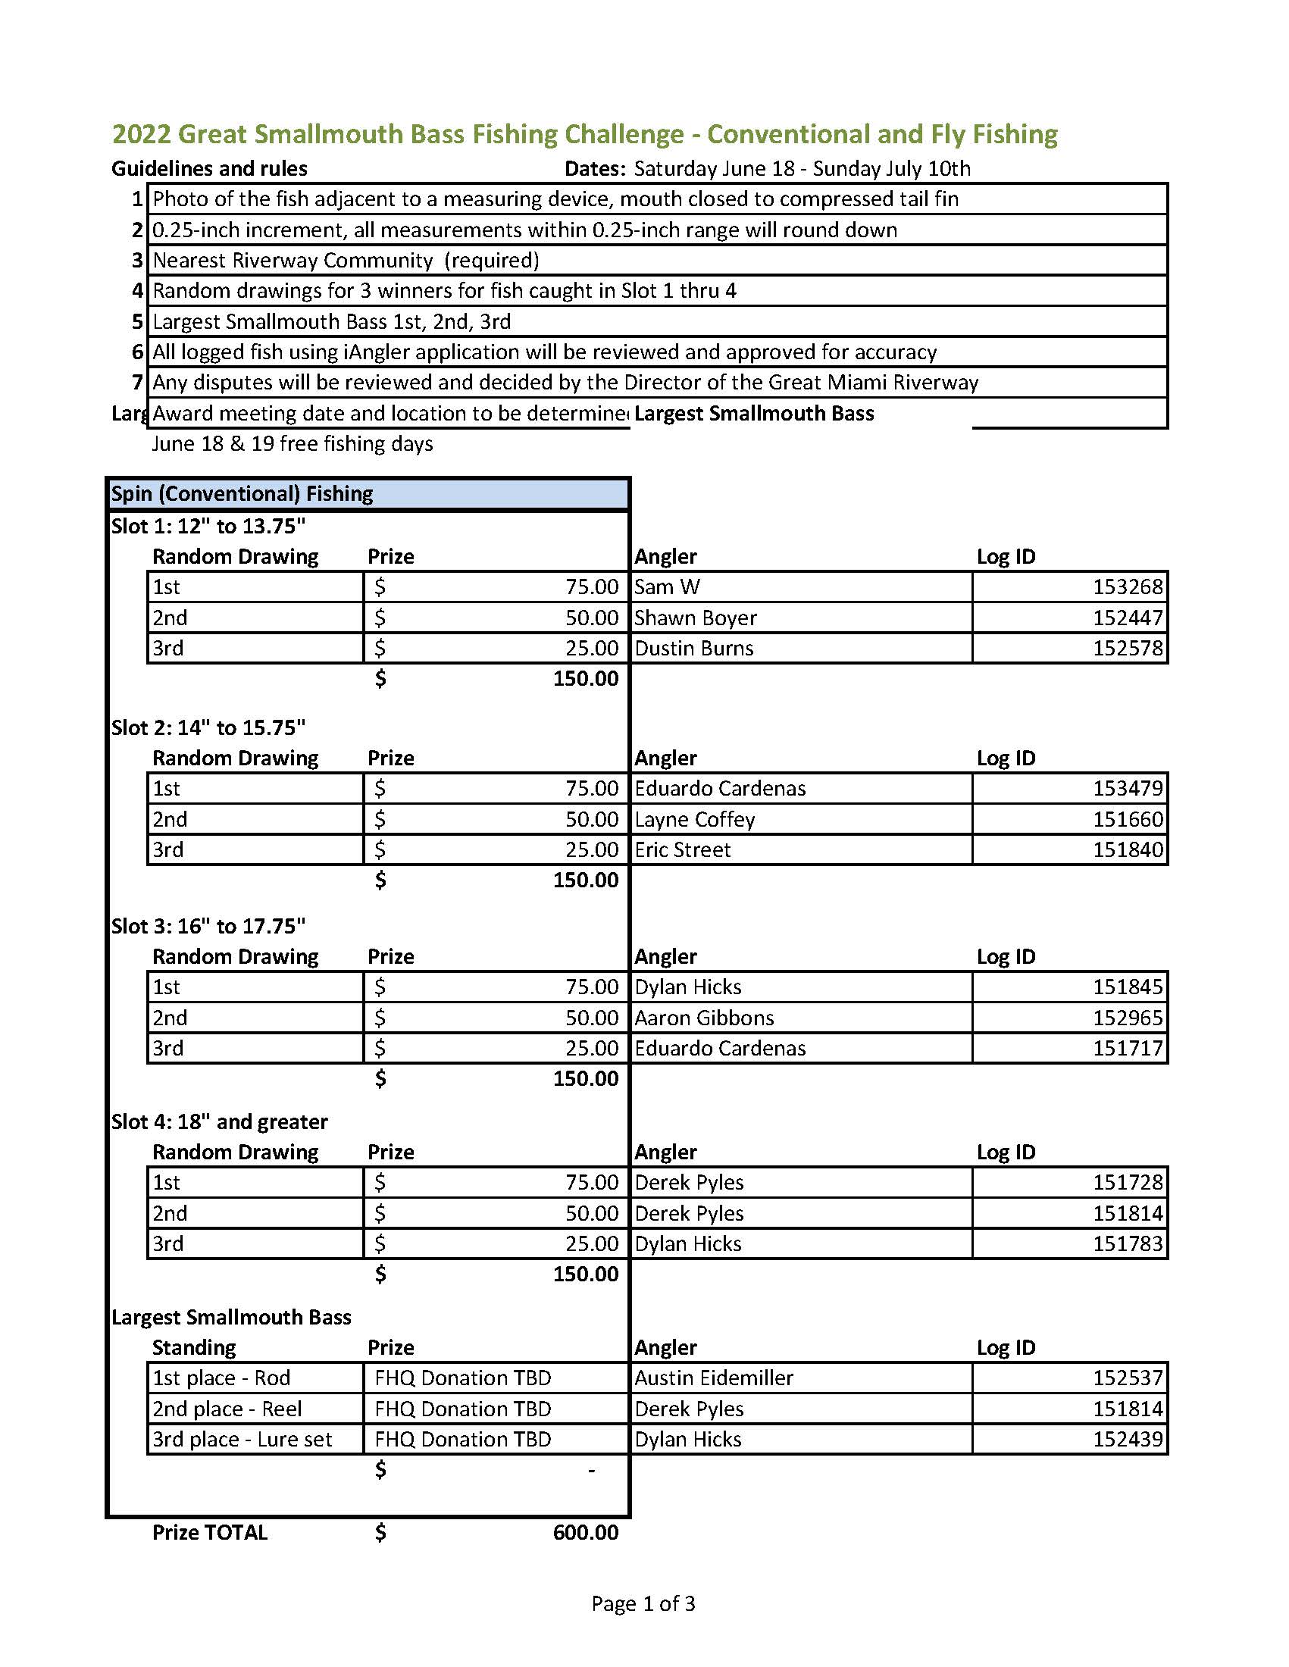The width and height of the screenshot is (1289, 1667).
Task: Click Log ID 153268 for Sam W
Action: pos(1127,587)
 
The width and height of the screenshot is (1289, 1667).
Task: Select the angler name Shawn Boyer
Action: pos(695,618)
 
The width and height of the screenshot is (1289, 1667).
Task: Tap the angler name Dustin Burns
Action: pos(693,648)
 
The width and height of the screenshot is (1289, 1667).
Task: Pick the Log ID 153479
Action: pos(1127,789)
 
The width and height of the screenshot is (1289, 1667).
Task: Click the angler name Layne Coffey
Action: pos(694,819)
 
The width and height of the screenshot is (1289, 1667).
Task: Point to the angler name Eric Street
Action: pos(682,849)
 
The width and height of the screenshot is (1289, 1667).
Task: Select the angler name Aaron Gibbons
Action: pos(704,1018)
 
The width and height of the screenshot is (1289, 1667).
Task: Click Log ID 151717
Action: pos(1127,1048)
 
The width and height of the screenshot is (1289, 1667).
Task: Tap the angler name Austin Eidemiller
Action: pos(714,1378)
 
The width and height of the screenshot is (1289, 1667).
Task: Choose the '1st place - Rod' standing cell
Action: pos(221,1378)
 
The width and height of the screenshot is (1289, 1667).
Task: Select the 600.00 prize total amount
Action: pos(585,1533)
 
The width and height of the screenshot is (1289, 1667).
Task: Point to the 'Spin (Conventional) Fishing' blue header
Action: pos(242,494)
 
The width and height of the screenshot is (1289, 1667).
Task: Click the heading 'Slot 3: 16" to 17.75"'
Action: pos(208,926)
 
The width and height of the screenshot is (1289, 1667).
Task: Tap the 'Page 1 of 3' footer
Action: pos(643,1603)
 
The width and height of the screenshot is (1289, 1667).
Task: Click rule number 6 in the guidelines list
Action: pos(137,352)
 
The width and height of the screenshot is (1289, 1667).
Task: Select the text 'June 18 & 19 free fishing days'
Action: pos(293,443)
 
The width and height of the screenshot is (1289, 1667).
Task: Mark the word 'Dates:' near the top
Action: pos(595,169)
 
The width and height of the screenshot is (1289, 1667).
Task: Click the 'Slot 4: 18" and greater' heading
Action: pos(219,1121)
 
